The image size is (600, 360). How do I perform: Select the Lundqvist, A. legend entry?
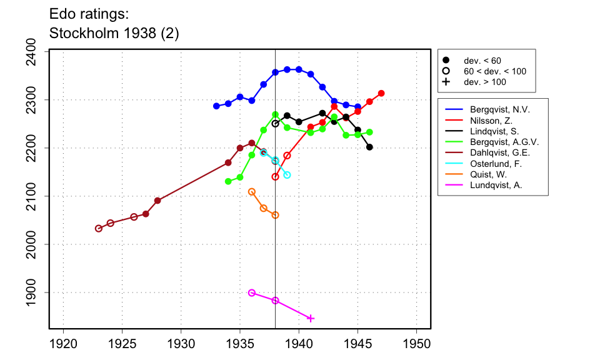click(496, 186)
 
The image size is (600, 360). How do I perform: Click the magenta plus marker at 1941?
click(311, 319)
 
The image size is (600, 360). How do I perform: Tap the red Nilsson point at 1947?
click(381, 93)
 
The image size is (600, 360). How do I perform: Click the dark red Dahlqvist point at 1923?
click(99, 228)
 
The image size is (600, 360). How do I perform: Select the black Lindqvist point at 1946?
click(369, 147)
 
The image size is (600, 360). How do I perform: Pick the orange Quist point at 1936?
click(252, 192)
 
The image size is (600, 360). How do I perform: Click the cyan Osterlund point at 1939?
click(287, 175)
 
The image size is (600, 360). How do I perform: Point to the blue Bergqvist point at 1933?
click(216, 106)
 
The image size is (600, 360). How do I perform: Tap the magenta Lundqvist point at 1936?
click(252, 292)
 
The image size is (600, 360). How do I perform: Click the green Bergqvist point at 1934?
click(228, 181)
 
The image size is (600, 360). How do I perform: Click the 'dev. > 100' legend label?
click(484, 82)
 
